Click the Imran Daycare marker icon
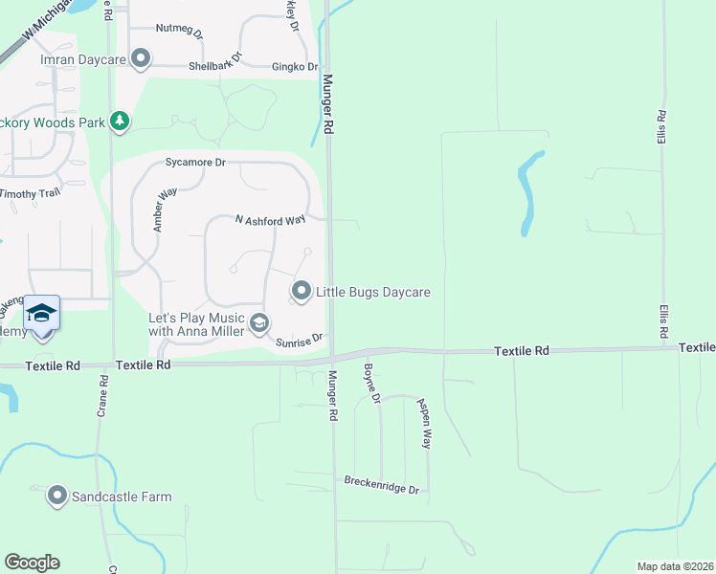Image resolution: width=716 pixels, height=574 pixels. click(142, 59)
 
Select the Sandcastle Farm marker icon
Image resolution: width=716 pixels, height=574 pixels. click(57, 496)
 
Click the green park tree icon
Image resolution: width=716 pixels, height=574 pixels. click(119, 121)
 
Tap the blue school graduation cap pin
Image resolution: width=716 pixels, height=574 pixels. click(42, 314)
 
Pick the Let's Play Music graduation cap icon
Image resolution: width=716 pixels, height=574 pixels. click(258, 324)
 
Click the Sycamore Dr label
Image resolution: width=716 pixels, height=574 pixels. click(195, 163)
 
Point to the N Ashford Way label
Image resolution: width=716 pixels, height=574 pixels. click(270, 220)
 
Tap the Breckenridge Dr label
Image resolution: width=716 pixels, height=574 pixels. click(381, 484)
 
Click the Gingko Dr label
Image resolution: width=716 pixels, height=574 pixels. click(294, 67)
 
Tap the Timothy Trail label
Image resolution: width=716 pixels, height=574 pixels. click(30, 193)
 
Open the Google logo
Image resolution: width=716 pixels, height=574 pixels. click(32, 563)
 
